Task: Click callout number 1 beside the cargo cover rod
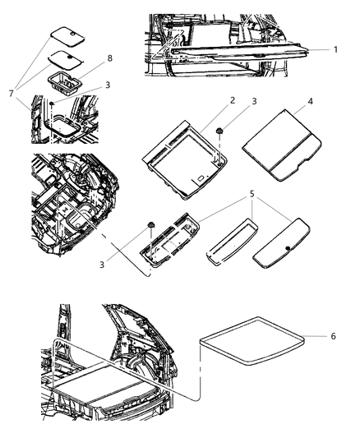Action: [x=335, y=49]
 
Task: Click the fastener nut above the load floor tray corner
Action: [x=220, y=132]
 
